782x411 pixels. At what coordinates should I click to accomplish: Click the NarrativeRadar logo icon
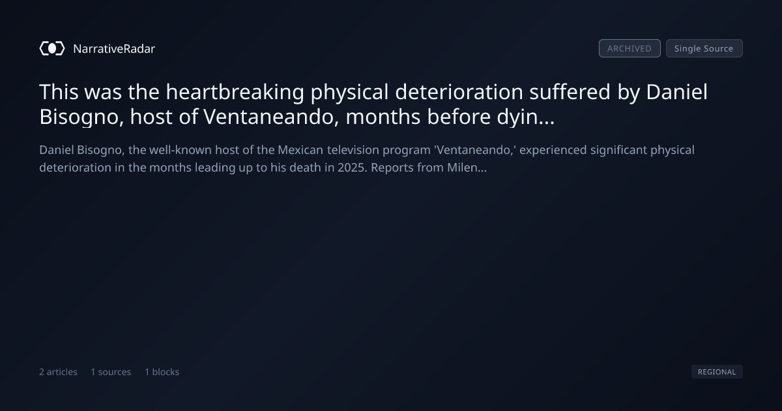pos(52,48)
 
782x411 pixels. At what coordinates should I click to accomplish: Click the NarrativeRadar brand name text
pos(114,49)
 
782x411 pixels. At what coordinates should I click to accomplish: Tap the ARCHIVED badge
pos(630,48)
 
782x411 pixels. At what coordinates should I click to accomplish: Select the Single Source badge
pos(704,48)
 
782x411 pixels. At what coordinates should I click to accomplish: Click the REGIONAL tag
pos(717,371)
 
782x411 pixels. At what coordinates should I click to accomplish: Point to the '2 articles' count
pos(58,372)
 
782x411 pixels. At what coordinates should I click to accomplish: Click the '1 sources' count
pos(111,372)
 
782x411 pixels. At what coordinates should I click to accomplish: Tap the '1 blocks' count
pos(162,372)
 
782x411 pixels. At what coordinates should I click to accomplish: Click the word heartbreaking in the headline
pos(235,92)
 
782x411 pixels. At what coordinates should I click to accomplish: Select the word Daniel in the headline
pos(676,92)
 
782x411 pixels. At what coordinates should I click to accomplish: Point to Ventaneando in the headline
pos(271,117)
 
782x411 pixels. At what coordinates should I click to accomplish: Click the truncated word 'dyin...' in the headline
pos(526,117)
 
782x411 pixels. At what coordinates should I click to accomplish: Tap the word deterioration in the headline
pos(459,92)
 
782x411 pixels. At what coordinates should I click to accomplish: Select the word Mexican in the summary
pos(300,150)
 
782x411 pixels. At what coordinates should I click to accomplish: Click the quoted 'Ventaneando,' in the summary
pos(475,150)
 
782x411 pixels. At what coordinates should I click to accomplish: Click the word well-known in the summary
pos(181,150)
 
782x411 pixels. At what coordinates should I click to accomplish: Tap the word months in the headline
pos(383,117)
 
